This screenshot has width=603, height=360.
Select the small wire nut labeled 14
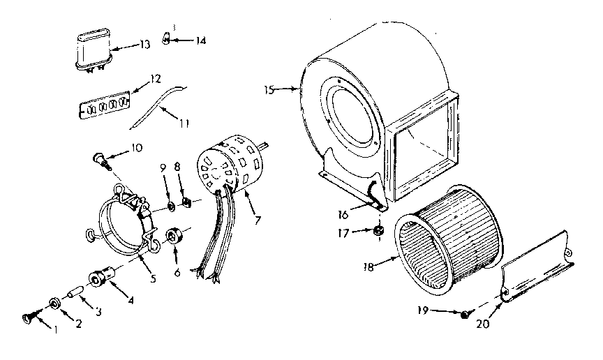pos(167,38)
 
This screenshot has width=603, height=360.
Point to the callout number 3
pos(98,313)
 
